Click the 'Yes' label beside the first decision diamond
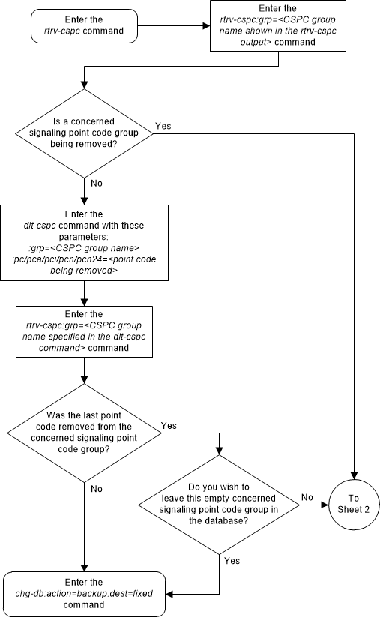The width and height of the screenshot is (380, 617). pos(163,126)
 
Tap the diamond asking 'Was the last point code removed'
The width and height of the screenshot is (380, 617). pos(85,431)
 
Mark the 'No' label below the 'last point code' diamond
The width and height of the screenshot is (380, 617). pos(96,488)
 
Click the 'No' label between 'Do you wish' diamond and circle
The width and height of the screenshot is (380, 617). pos(306,496)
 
